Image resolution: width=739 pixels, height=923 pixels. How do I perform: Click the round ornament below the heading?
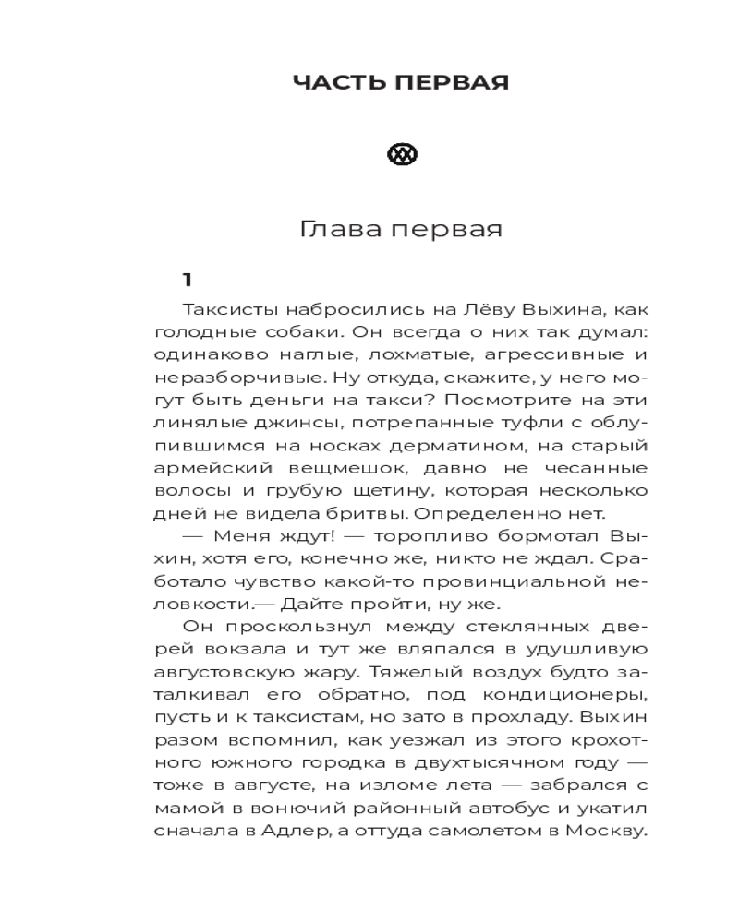pos(402,155)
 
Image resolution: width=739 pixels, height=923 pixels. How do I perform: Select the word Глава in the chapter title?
pos(338,230)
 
